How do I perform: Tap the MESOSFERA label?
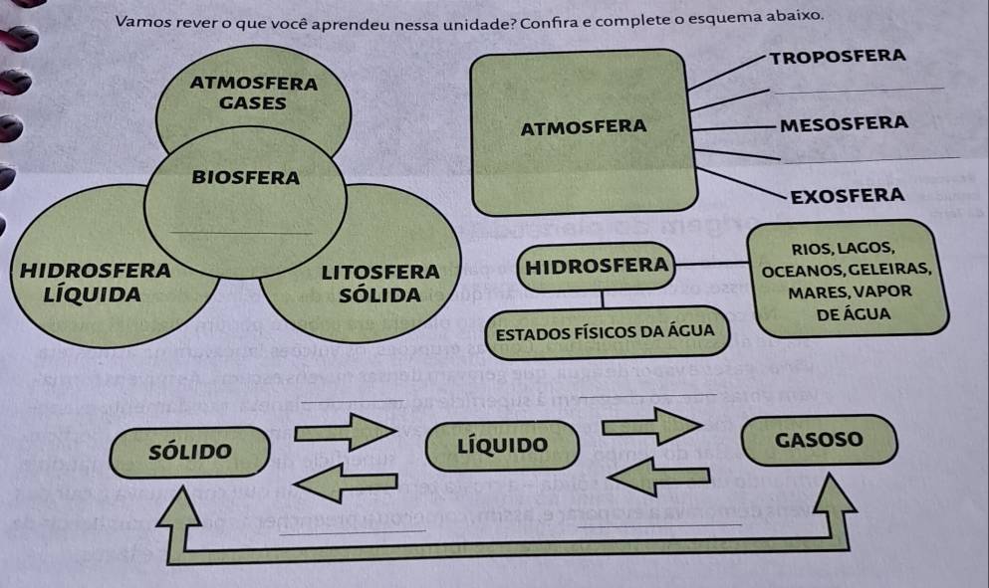(845, 124)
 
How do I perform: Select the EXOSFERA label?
(846, 194)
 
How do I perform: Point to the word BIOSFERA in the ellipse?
(246, 178)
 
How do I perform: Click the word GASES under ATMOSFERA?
(253, 102)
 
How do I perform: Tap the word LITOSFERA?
(380, 272)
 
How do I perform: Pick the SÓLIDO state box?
(190, 450)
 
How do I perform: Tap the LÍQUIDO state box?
(503, 444)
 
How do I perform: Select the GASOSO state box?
(819, 440)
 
